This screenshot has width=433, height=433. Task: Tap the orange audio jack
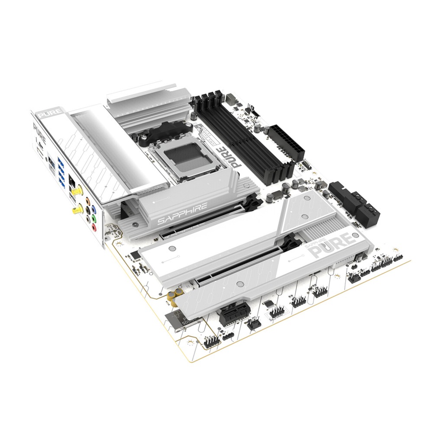pos(88,202)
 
